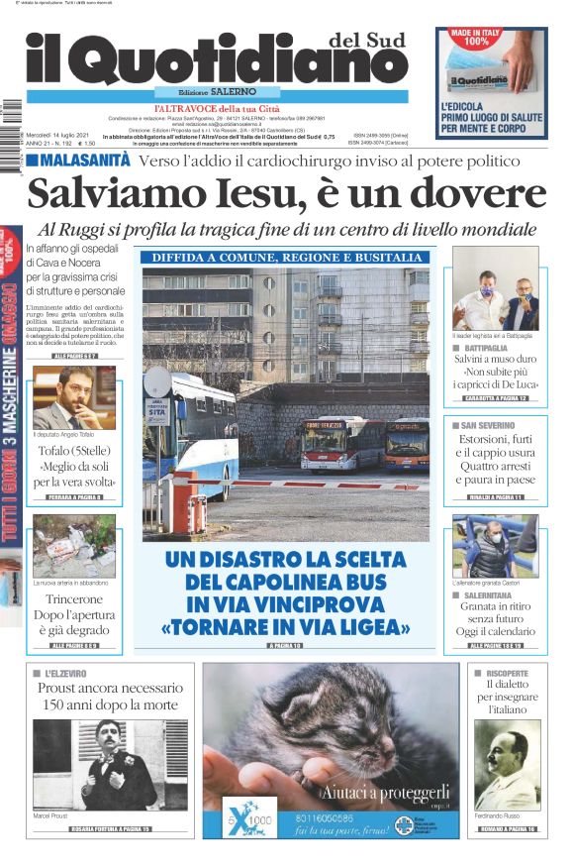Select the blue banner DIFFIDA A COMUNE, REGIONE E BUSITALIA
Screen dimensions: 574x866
pos(286,258)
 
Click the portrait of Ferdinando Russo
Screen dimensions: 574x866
pos(507,765)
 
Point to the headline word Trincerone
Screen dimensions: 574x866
pos(75,599)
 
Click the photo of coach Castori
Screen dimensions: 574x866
pos(495,546)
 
